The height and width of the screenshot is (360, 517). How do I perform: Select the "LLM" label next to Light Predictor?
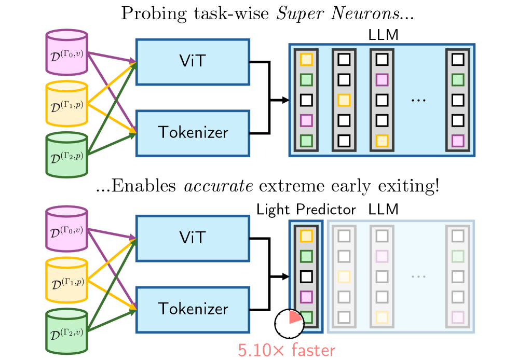coord(384,210)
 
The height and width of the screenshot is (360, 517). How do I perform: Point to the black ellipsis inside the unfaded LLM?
coord(417,99)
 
